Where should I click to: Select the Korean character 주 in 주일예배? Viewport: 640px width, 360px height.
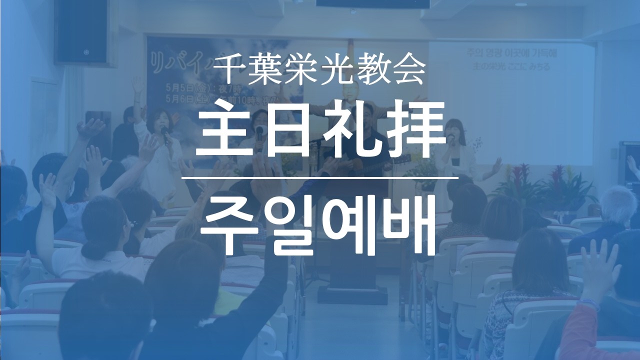pos(227,225)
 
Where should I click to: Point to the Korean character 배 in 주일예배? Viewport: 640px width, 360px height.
pos(410,225)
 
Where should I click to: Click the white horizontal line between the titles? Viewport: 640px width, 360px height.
pos(320,177)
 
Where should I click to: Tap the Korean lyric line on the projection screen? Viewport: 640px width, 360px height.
pos(510,53)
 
